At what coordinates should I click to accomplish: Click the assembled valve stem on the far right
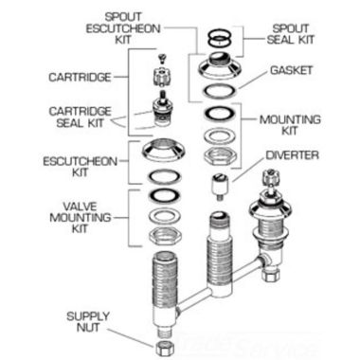click(267, 232)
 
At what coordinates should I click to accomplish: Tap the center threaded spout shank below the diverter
click(218, 251)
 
